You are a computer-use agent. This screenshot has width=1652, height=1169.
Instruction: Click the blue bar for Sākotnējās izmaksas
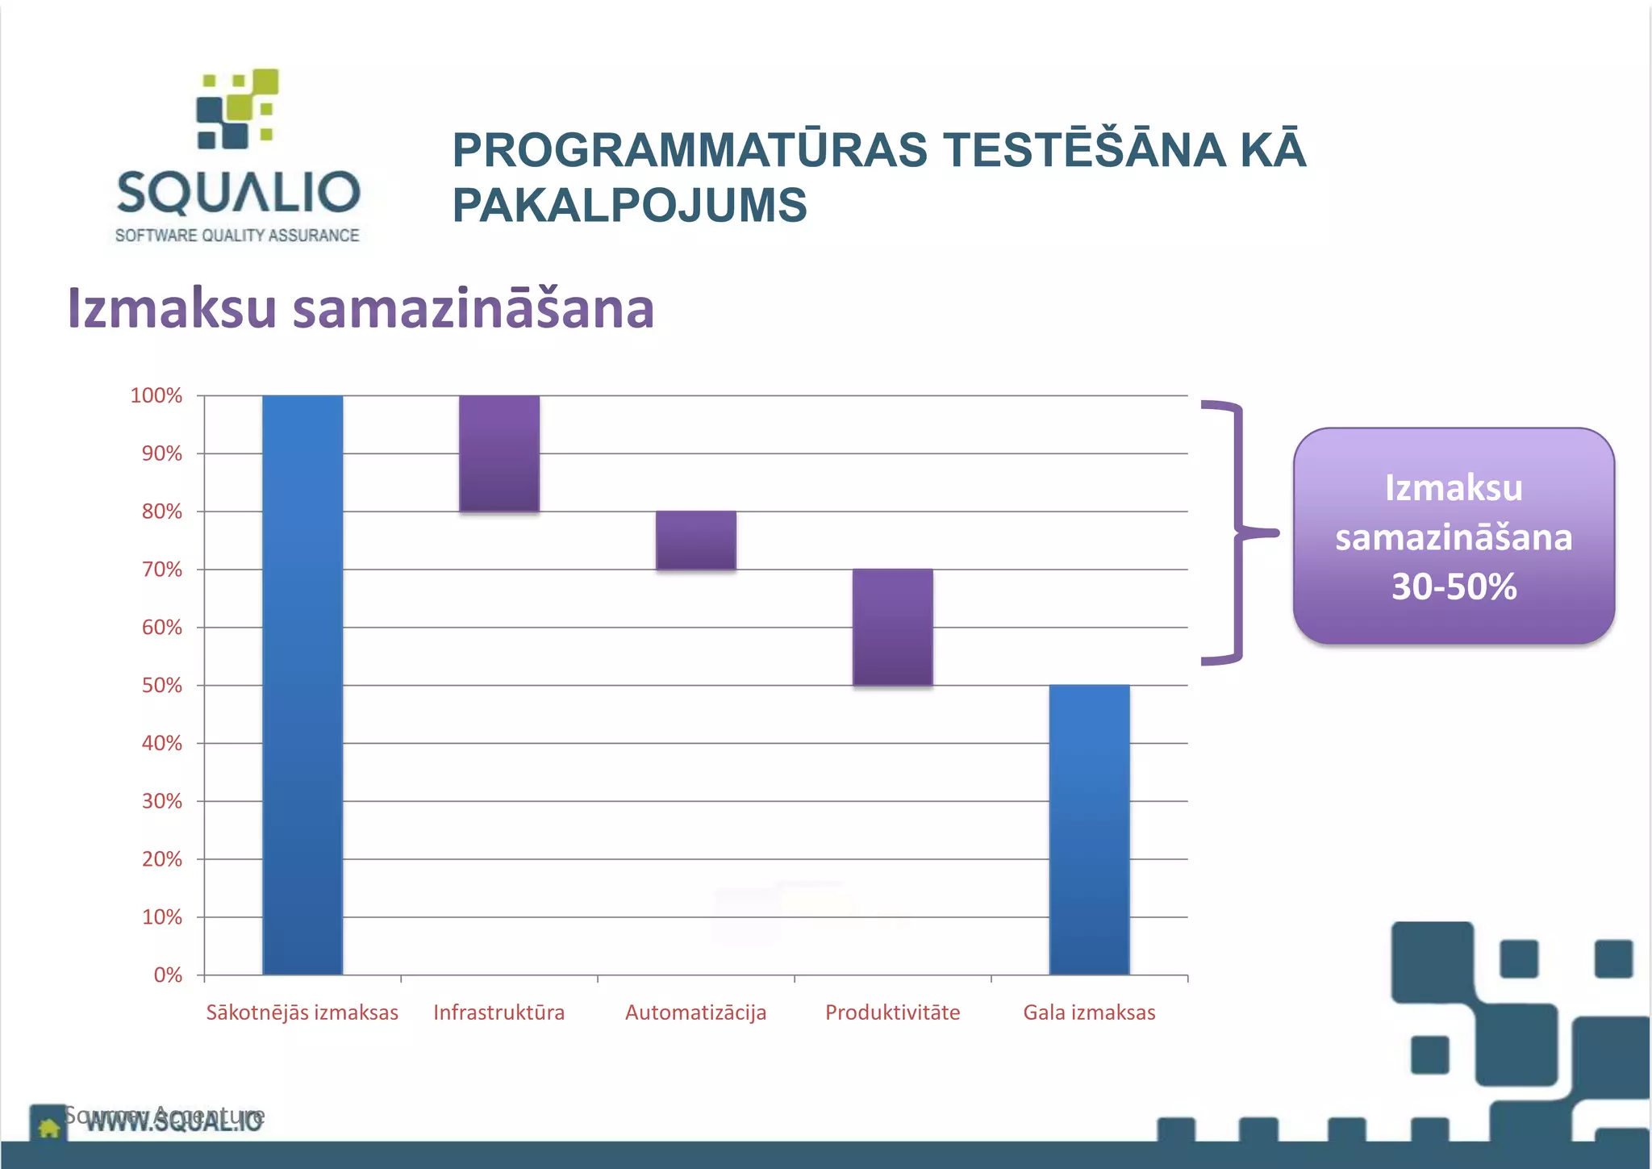pyautogui.click(x=302, y=686)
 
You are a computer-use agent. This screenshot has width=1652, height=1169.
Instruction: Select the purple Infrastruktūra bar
pyautogui.click(x=499, y=453)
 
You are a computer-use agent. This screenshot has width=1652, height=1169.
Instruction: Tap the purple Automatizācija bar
pyautogui.click(x=696, y=541)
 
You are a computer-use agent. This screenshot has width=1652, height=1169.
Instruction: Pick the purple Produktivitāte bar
pyautogui.click(x=893, y=628)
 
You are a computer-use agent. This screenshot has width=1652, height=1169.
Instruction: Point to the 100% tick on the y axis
pyautogui.click(x=156, y=396)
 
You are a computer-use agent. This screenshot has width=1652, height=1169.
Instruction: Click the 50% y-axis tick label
pyautogui.click(x=162, y=686)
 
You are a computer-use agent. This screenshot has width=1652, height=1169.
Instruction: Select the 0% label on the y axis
pyautogui.click(x=168, y=975)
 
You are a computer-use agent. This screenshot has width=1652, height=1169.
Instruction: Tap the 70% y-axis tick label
pyautogui.click(x=162, y=570)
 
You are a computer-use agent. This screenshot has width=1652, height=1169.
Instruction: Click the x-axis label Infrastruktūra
pyautogui.click(x=499, y=1012)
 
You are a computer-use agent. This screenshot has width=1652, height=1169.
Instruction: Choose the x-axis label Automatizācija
pyautogui.click(x=696, y=1012)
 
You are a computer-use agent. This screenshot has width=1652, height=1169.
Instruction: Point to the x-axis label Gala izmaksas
pyautogui.click(x=1089, y=1012)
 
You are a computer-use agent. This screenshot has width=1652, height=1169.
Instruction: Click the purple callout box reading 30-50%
pyautogui.click(x=1454, y=536)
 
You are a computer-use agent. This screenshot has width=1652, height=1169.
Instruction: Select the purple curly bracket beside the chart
pyautogui.click(x=1236, y=532)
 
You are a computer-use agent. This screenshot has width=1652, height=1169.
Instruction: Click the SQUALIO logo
pyautogui.click(x=237, y=157)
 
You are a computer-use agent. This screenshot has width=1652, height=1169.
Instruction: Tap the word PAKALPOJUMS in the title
pyautogui.click(x=629, y=205)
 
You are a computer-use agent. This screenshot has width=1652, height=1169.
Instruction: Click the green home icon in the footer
pyautogui.click(x=48, y=1127)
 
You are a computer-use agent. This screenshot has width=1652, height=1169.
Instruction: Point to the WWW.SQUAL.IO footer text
pyautogui.click(x=174, y=1121)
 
